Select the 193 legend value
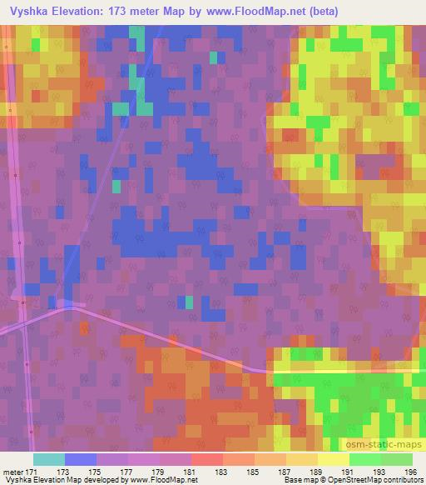tap(380, 472)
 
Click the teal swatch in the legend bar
tap(48, 459)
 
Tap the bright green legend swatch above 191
tap(364, 459)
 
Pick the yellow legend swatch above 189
tap(333, 459)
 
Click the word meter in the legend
tap(12, 472)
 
